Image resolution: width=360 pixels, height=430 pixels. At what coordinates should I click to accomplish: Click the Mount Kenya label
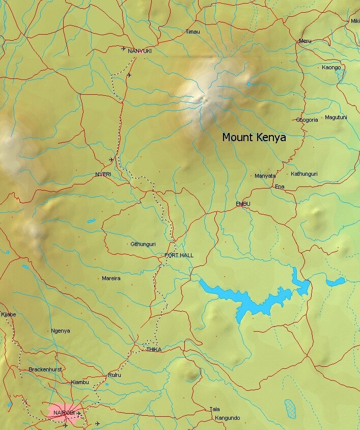click(x=254, y=137)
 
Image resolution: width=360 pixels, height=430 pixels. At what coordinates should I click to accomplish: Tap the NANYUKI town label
click(x=140, y=51)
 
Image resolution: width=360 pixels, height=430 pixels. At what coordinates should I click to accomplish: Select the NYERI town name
click(x=103, y=174)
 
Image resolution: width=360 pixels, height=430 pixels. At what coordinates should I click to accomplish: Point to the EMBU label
click(x=243, y=204)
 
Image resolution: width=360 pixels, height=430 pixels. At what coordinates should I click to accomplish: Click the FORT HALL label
click(x=179, y=255)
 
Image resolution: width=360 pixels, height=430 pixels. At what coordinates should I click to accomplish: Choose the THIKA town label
click(x=154, y=350)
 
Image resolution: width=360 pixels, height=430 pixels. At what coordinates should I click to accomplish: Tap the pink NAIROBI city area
click(x=65, y=414)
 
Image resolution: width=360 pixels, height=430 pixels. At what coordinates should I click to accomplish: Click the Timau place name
click(x=193, y=32)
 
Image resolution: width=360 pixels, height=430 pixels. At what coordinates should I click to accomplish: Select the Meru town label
click(x=305, y=41)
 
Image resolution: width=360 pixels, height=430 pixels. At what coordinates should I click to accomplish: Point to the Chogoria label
click(x=307, y=120)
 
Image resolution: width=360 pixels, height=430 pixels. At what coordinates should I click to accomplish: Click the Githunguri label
click(x=143, y=244)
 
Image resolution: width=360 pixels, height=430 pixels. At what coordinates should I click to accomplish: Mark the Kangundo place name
click(x=227, y=418)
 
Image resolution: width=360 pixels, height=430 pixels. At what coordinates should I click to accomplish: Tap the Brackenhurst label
click(x=45, y=369)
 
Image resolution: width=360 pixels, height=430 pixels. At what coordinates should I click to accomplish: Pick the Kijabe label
click(x=9, y=314)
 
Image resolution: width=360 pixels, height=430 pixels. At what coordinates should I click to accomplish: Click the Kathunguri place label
click(x=304, y=174)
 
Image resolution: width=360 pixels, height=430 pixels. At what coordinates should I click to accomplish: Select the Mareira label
click(x=111, y=278)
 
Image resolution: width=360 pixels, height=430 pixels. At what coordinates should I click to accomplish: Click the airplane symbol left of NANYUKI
click(x=124, y=48)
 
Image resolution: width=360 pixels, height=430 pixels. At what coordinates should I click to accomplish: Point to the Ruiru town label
click(x=114, y=375)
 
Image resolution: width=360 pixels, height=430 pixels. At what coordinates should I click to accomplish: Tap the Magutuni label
click(x=336, y=117)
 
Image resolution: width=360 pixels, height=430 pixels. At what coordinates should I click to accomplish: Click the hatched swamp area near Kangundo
click(x=290, y=407)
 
